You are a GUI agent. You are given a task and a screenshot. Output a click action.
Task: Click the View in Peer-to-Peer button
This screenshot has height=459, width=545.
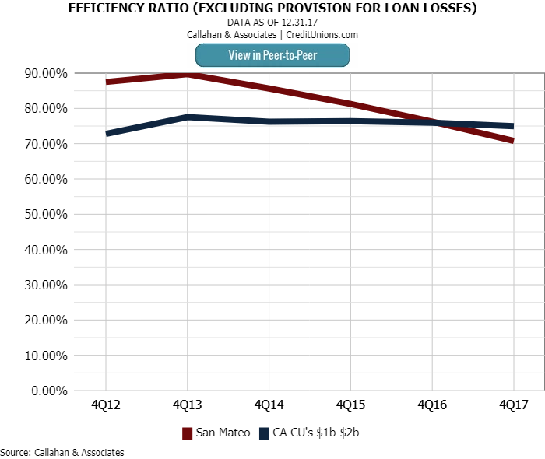pyautogui.click(x=272, y=55)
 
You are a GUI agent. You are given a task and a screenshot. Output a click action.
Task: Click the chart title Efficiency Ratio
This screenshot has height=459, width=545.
pyautogui.click(x=272, y=9)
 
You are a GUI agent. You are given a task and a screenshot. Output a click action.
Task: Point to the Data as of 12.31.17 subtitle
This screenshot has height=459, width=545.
pyautogui.click(x=272, y=23)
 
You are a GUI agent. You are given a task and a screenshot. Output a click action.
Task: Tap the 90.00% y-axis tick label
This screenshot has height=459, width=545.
pyautogui.click(x=44, y=73)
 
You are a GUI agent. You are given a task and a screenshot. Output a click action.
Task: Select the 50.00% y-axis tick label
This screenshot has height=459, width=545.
pyautogui.click(x=44, y=214)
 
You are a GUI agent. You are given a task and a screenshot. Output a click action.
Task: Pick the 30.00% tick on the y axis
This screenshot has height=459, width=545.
pyautogui.click(x=44, y=285)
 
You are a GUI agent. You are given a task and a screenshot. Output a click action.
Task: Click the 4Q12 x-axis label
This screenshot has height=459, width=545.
pyautogui.click(x=105, y=405)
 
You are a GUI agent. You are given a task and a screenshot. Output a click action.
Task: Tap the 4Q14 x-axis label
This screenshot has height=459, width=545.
pyautogui.click(x=269, y=405)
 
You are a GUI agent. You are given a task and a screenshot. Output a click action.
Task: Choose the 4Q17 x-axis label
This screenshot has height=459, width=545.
pyautogui.click(x=513, y=405)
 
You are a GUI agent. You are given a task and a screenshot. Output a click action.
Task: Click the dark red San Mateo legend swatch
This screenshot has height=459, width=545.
pyautogui.click(x=187, y=433)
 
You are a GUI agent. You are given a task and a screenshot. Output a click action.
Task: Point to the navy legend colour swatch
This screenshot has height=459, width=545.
pyautogui.click(x=264, y=433)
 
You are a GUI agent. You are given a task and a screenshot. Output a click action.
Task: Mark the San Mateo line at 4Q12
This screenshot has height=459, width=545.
pyautogui.click(x=106, y=82)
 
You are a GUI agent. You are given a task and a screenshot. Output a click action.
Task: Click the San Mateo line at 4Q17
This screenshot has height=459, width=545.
pyautogui.click(x=513, y=141)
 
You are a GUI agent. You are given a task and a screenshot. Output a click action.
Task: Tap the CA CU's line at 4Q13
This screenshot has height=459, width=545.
pyautogui.click(x=187, y=117)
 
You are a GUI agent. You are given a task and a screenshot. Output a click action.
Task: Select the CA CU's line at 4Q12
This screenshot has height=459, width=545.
pyautogui.click(x=106, y=134)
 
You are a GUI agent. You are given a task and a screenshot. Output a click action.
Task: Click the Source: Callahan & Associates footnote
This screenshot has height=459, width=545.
pyautogui.click(x=62, y=452)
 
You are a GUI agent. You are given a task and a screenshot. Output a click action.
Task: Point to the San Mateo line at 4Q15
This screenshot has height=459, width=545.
pyautogui.click(x=350, y=103)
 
